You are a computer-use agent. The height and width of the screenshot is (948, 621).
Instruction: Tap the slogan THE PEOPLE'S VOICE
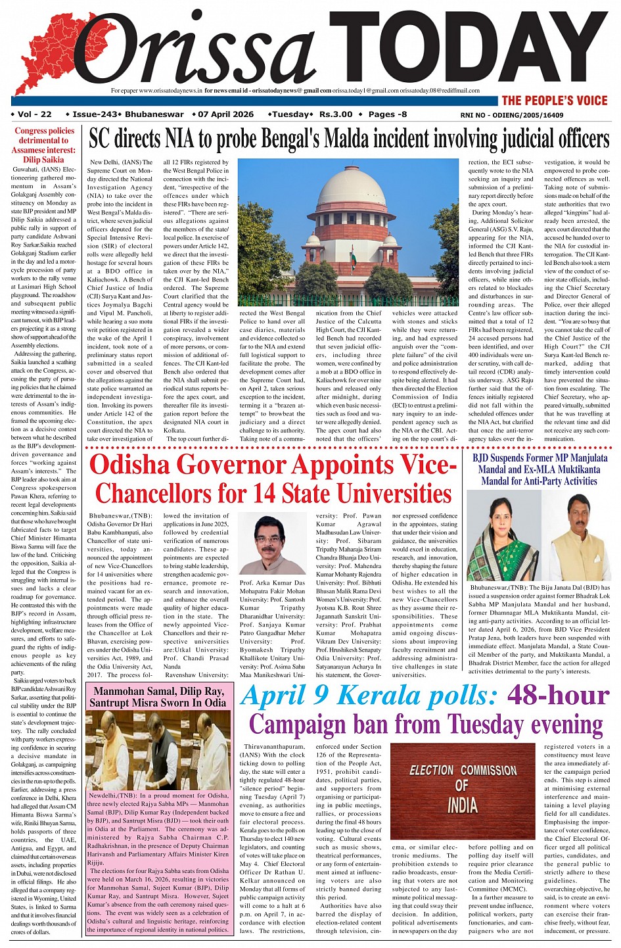pyautogui.click(x=554, y=101)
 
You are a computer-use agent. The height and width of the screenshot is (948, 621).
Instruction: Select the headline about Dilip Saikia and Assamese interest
pyautogui.click(x=44, y=145)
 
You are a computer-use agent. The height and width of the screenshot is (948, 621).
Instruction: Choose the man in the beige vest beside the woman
pyautogui.click(x=576, y=536)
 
